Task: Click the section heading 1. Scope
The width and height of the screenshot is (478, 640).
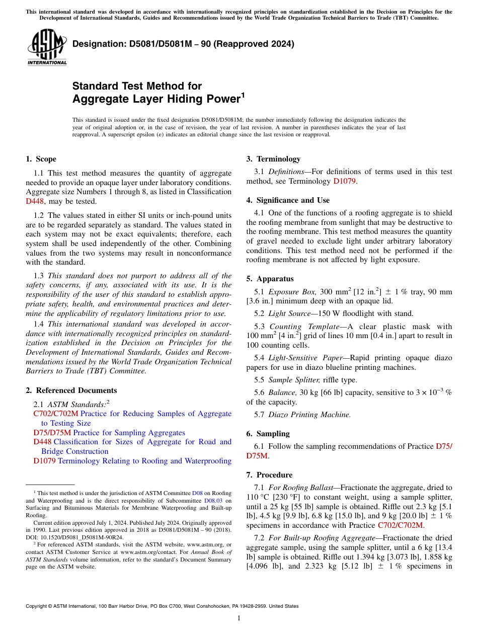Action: (41, 159)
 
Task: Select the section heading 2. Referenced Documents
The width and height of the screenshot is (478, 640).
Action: (71, 390)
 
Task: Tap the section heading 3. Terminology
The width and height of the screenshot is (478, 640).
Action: (273, 159)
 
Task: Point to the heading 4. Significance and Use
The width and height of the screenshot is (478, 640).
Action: (288, 200)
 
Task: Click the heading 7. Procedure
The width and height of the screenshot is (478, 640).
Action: (269, 475)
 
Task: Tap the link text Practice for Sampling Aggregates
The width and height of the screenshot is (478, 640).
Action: (129, 433)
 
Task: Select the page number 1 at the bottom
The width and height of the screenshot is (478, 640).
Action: (239, 618)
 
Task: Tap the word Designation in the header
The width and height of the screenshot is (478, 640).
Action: (96, 44)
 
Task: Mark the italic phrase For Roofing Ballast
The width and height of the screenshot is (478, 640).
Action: (301, 488)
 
